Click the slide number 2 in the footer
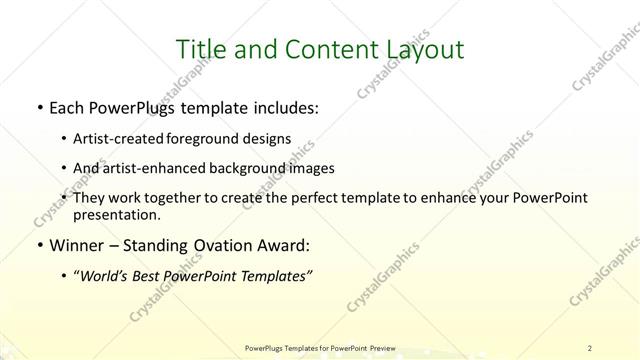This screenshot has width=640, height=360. (591, 348)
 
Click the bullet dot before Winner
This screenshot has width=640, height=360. (38, 245)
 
